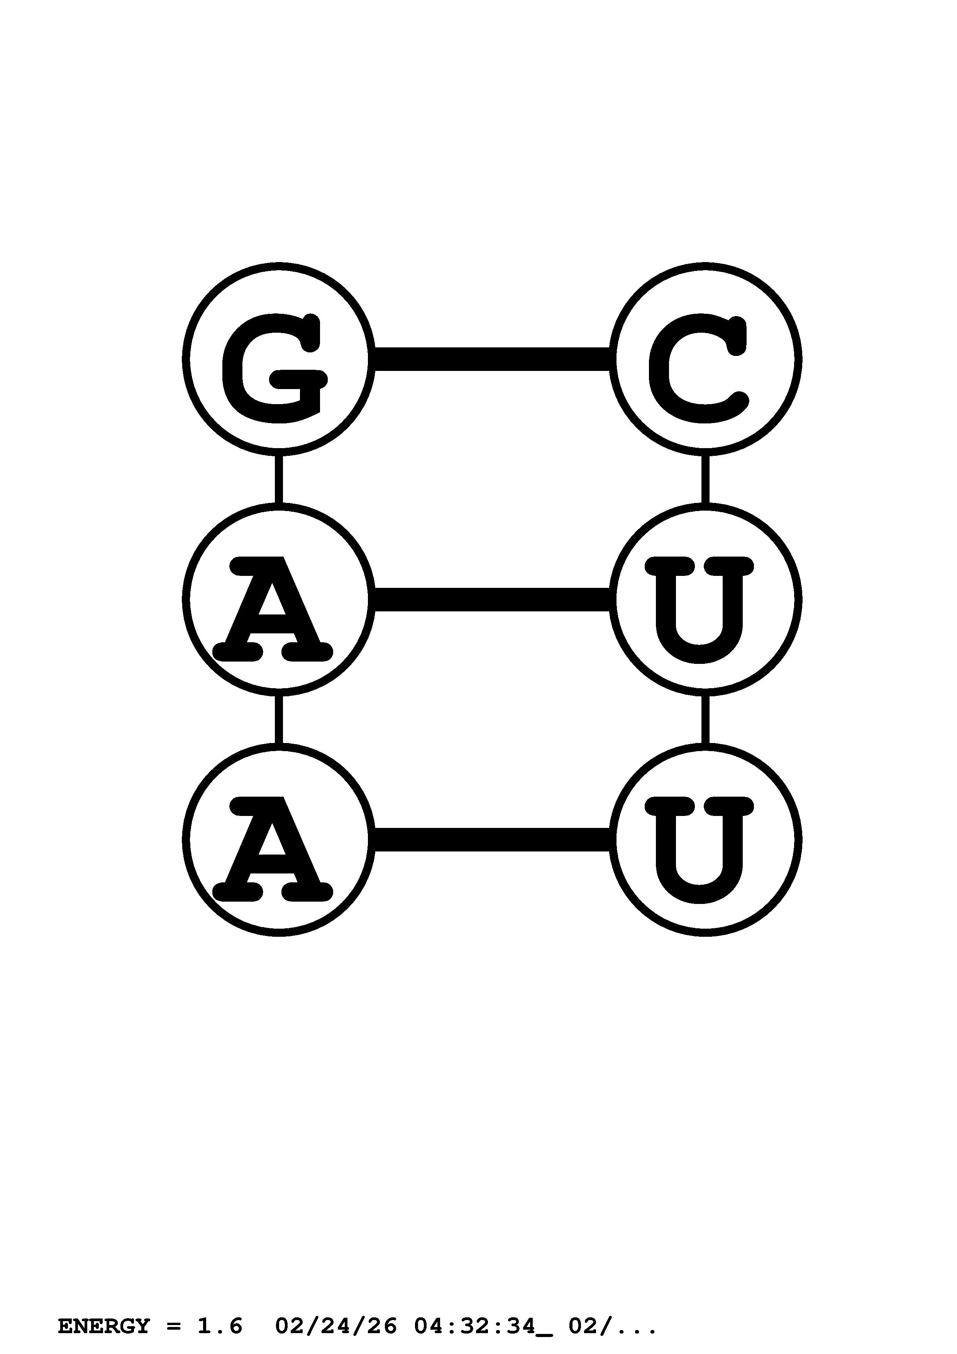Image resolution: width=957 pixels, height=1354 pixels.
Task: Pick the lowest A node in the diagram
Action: pyautogui.click(x=278, y=840)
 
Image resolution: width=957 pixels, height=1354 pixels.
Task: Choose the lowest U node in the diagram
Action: pyautogui.click(x=705, y=840)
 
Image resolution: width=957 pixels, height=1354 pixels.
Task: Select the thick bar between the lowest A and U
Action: pyautogui.click(x=492, y=840)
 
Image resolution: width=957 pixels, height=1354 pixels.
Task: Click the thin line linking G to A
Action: pyautogui.click(x=278, y=479)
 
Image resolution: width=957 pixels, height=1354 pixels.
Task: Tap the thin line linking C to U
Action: pyautogui.click(x=705, y=479)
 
